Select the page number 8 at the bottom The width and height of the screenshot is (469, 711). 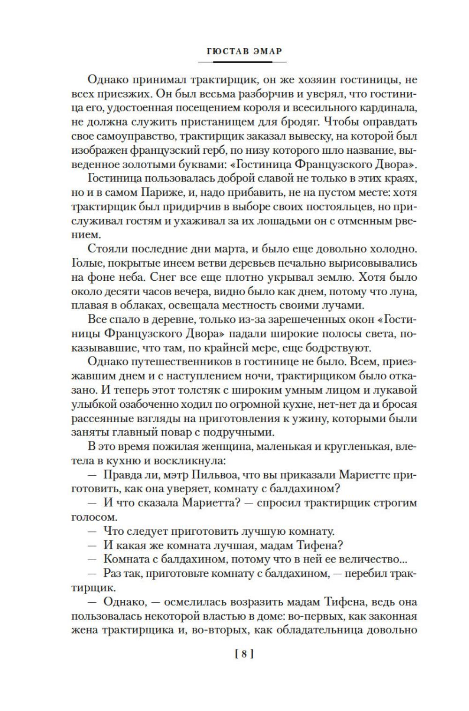244,654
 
